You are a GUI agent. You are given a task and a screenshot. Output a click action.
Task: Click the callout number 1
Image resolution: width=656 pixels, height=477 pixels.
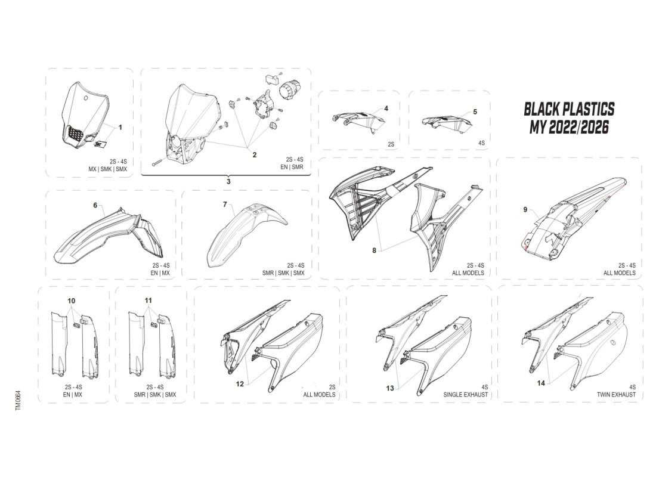click(x=120, y=127)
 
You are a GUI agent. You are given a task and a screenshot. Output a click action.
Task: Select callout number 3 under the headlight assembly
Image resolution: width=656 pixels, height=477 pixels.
click(x=228, y=180)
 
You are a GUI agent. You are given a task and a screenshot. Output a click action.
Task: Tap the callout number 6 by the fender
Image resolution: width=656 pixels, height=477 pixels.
click(x=95, y=205)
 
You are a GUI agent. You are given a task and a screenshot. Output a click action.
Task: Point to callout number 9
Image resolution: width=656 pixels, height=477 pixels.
click(x=525, y=209)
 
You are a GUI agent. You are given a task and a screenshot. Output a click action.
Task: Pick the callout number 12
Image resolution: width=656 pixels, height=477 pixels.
click(x=240, y=385)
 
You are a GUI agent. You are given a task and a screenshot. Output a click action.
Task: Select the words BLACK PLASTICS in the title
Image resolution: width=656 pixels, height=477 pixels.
click(x=568, y=109)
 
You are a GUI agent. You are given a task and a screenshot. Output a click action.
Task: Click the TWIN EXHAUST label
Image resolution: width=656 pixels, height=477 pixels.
click(x=616, y=395)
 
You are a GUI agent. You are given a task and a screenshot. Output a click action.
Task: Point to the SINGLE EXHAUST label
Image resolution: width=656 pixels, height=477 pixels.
click(x=466, y=395)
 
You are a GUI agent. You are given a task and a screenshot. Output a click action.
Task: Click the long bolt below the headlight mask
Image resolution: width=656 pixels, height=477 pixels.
click(x=160, y=162)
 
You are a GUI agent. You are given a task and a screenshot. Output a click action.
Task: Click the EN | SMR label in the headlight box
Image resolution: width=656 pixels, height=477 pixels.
click(x=292, y=168)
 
